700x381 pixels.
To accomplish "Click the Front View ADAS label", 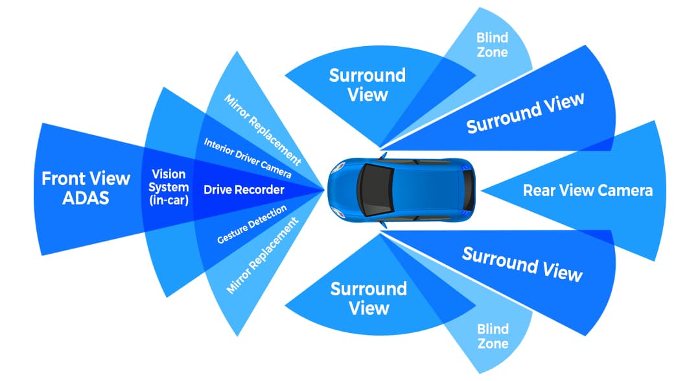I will coord(86,188).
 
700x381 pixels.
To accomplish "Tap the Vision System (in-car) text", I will coord(169,188).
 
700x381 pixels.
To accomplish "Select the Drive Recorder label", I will coord(244,190).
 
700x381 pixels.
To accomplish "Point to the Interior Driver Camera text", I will coord(248,159).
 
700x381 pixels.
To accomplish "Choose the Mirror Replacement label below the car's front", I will coord(262,255).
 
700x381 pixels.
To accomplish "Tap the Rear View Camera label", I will coord(587,191).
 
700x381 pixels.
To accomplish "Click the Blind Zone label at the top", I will coord(493,45).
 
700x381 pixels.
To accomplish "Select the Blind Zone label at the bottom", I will coord(493,336).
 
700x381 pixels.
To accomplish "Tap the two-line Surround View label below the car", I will coord(368,298).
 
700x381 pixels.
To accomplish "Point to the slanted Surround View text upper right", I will coord(525,112).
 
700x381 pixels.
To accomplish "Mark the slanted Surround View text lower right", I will coord(522,264).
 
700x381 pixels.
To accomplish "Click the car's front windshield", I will coord(371,190).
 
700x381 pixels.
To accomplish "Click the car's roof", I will coord(421,190).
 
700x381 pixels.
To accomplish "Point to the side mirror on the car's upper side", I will coord(383,157).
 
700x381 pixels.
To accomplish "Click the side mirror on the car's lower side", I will coord(383,223).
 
